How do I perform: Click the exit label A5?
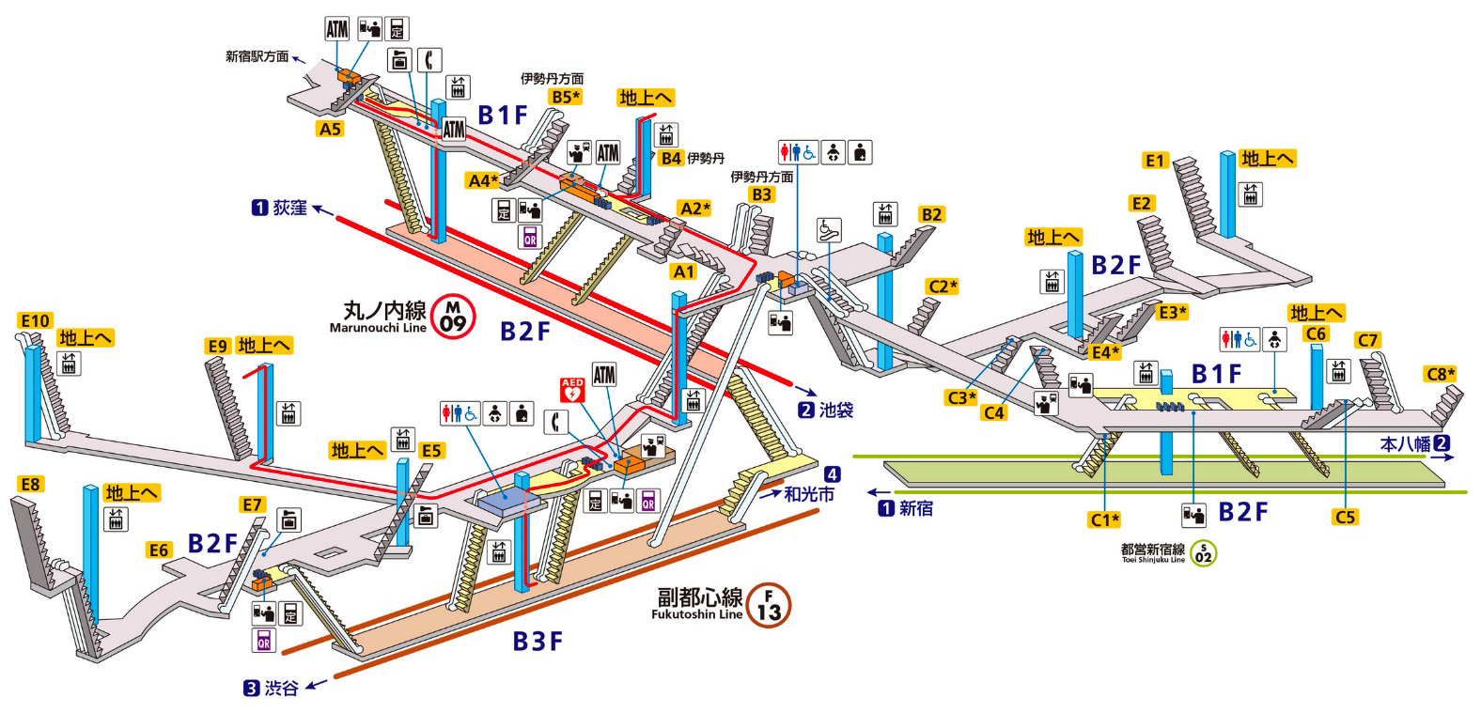pos(330,129)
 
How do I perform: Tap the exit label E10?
pos(35,321)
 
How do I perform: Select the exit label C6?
pos(1316,334)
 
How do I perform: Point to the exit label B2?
pos(930,214)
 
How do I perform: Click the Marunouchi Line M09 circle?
pos(454,316)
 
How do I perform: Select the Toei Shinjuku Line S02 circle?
pos(1203,553)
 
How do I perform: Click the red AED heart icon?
pos(572,389)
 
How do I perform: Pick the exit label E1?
pos(1155,161)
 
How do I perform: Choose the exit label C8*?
pos(1441,374)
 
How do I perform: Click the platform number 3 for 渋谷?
pos(251,689)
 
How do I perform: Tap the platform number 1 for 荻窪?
pos(259,208)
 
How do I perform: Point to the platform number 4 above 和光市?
pos(832,474)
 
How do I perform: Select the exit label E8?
pos(31,484)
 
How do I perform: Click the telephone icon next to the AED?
pos(558,423)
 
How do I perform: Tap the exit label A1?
pos(683,271)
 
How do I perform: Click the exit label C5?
pos(1346,517)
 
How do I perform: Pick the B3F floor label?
pos(538,642)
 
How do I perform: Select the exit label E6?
pos(159,550)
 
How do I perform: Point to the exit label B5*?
pos(566,97)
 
